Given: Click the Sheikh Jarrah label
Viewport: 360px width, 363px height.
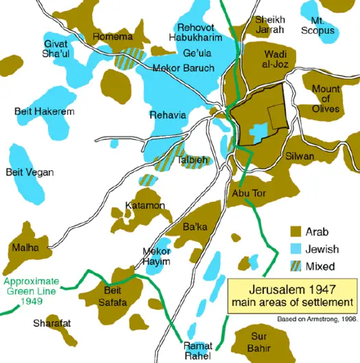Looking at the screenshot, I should pos(269,25).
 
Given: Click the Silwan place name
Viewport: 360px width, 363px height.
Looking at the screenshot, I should pos(300,156).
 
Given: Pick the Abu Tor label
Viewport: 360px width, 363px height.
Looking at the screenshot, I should pos(249,193).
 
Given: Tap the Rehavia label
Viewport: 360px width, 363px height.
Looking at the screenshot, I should pos(167,115).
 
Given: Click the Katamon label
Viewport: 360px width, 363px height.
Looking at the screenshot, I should pos(144,205).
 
